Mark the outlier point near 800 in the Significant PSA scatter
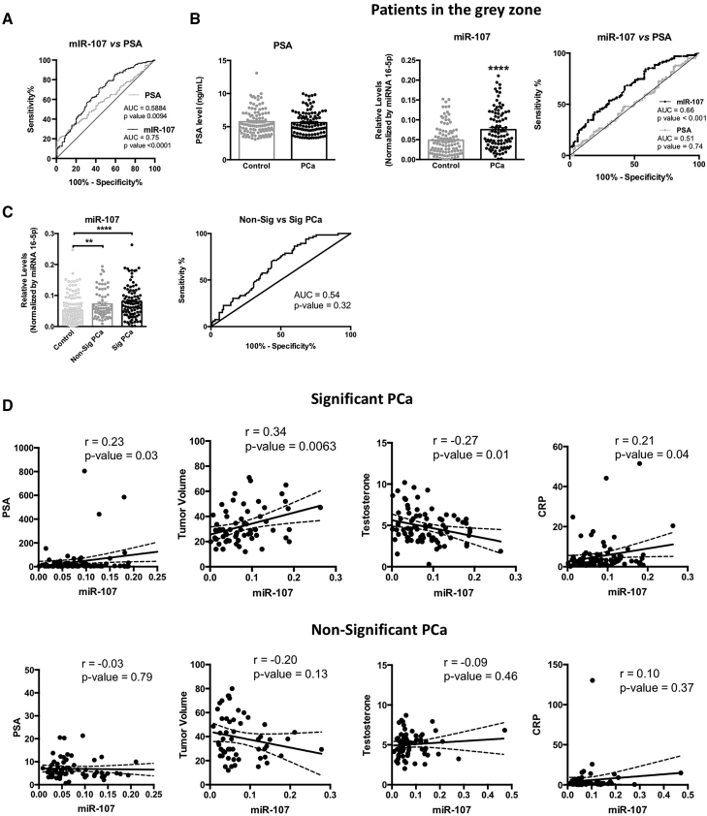pos(85,471)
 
